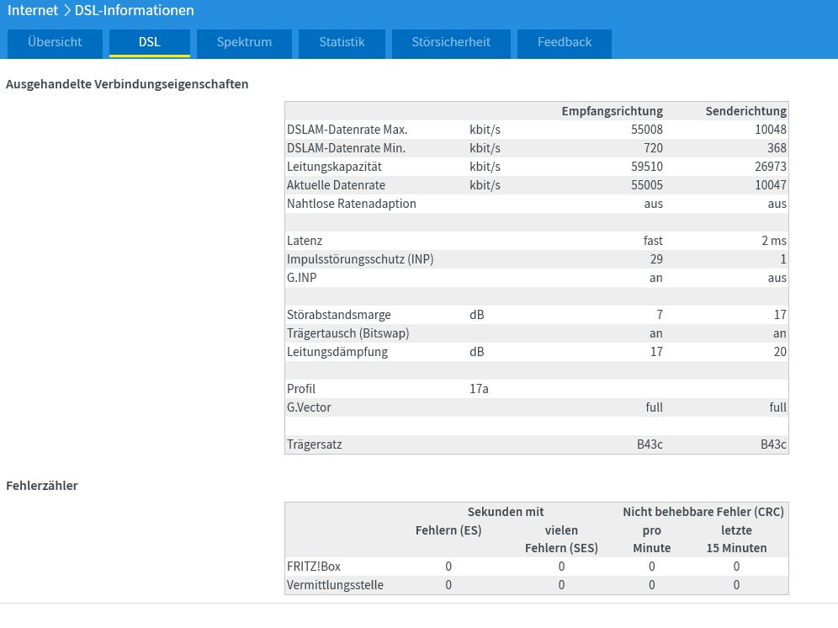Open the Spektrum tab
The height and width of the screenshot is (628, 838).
[x=244, y=42]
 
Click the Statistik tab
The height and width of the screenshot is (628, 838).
[x=342, y=42]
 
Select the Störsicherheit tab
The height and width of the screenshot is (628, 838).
[x=451, y=42]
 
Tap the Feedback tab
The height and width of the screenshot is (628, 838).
[x=565, y=42]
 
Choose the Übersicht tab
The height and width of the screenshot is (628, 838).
[x=55, y=42]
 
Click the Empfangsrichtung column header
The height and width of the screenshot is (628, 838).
[x=612, y=111]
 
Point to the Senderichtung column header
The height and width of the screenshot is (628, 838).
[x=745, y=111]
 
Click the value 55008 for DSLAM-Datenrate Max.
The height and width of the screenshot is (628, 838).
[x=647, y=130]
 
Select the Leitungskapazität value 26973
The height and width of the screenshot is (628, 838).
[x=770, y=167]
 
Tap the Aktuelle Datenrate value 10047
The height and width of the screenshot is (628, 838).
[x=770, y=185]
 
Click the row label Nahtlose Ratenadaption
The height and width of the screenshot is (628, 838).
[x=351, y=204]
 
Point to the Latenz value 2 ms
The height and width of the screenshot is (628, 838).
[x=774, y=241]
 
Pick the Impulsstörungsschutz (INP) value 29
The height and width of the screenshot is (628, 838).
[x=656, y=259]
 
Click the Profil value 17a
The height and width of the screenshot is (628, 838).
[x=479, y=389]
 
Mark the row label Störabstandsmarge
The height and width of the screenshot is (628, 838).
[x=339, y=315]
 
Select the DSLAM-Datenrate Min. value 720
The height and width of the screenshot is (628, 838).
[x=653, y=148]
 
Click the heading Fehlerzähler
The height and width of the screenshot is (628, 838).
[x=42, y=486]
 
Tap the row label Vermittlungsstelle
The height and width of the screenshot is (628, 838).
[x=335, y=585]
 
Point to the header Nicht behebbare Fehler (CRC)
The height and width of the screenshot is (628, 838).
[x=703, y=512]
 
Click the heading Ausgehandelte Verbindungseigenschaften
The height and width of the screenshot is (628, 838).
[x=127, y=84]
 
